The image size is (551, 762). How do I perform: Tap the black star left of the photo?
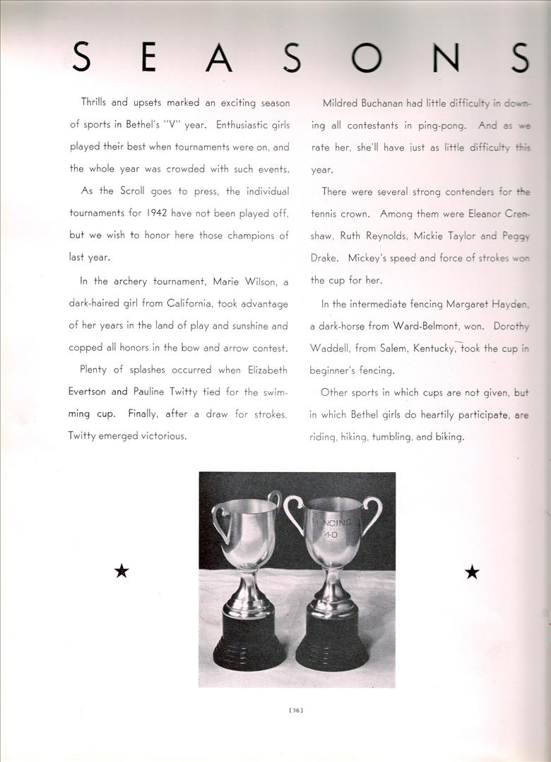click(x=122, y=571)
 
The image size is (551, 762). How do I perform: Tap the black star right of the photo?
click(x=472, y=571)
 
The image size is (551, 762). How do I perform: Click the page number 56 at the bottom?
click(x=297, y=710)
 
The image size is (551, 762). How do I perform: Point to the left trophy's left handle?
click(x=219, y=523)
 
